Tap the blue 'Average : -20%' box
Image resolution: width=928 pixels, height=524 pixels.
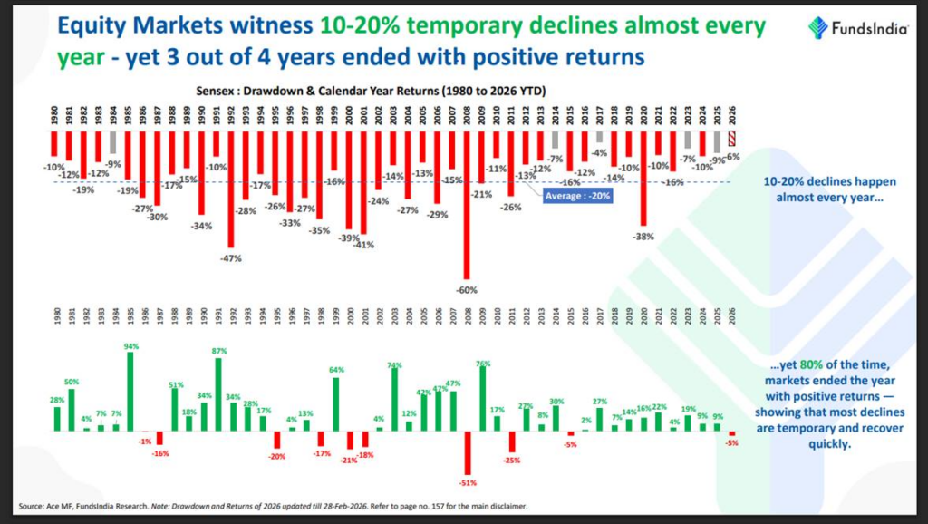pos(577,194)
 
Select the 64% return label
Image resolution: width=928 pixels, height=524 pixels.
pos(335,370)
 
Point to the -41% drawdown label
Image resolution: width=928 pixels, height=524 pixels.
pos(364,244)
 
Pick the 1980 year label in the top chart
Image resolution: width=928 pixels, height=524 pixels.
pos(54,117)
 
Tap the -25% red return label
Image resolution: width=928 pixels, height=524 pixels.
pos(512,461)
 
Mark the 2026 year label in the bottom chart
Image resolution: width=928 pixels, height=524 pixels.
pos(732,318)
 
